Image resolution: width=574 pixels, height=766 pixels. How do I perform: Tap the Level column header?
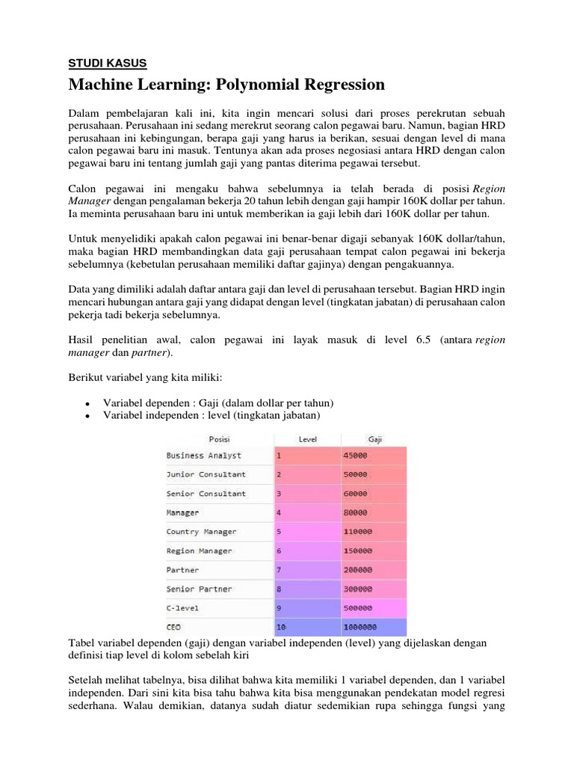308,439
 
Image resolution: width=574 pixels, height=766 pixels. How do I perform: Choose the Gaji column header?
374,439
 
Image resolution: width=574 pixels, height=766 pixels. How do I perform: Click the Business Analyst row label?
203,455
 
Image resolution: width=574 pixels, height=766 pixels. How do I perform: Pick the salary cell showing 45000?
355,455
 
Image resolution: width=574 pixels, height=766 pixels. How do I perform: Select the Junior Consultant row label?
206,474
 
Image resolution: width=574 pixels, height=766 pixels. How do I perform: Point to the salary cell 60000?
355,494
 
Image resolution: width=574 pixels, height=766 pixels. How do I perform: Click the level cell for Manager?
279,512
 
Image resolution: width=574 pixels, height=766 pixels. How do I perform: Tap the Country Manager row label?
201,532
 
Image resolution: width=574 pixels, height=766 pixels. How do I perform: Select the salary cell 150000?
357,551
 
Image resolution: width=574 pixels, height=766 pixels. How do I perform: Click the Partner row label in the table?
182,570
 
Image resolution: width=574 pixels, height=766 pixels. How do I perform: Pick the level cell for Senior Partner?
279,589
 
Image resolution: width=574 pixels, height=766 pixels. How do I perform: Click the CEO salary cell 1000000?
359,628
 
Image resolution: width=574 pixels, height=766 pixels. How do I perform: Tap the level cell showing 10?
281,628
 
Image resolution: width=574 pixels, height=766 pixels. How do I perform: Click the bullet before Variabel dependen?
89,404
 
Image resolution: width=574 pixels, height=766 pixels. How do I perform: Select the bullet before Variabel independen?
89,416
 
